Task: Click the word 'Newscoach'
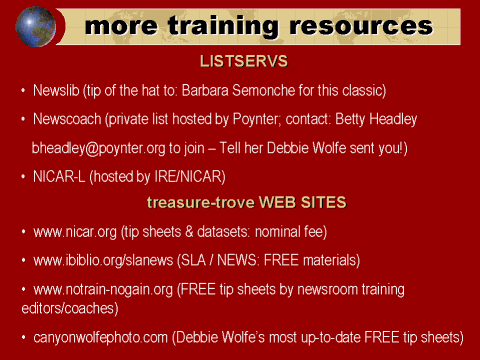click(68, 120)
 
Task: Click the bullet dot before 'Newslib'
click(23, 92)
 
